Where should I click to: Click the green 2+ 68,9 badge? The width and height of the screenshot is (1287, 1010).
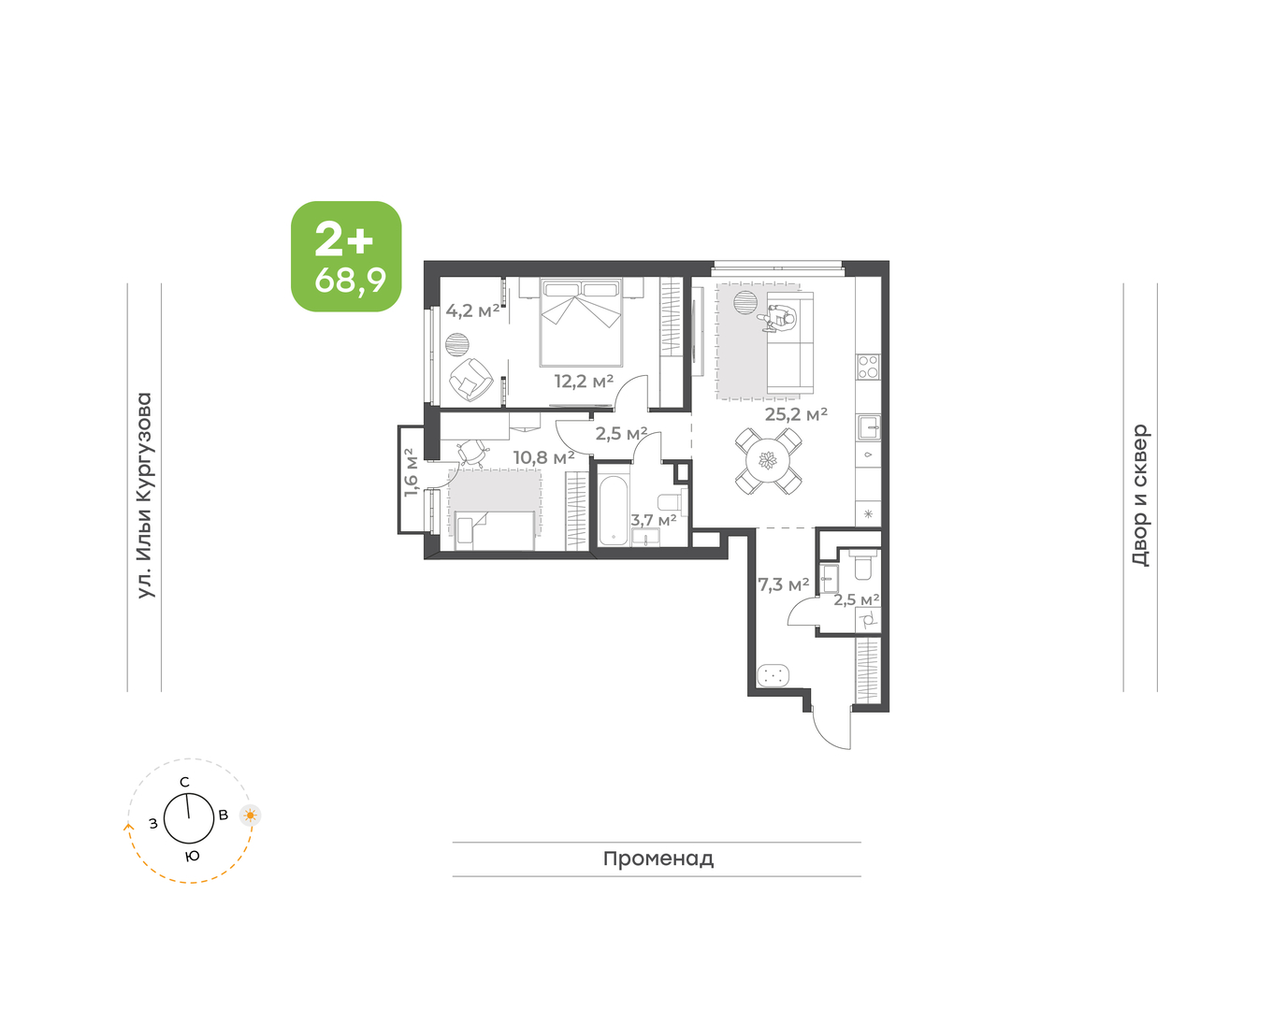pyautogui.click(x=346, y=256)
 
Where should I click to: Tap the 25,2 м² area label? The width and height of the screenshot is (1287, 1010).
pyautogui.click(x=795, y=414)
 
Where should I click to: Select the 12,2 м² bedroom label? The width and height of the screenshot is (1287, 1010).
pyautogui.click(x=584, y=382)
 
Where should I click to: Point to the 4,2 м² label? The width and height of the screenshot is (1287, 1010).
pyautogui.click(x=472, y=310)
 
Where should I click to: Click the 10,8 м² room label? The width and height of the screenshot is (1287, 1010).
pyautogui.click(x=543, y=457)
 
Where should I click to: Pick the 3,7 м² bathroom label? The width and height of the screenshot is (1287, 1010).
pyautogui.click(x=653, y=520)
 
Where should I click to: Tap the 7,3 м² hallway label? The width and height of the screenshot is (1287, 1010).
pyautogui.click(x=784, y=584)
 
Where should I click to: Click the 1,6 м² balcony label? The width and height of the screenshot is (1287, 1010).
pyautogui.click(x=411, y=472)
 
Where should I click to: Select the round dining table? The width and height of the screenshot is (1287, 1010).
pyautogui.click(x=768, y=460)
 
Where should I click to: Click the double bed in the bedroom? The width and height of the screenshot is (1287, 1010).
pyautogui.click(x=581, y=323)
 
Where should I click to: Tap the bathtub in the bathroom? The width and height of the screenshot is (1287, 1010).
pyautogui.click(x=613, y=511)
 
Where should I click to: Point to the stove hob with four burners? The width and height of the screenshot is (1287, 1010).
pyautogui.click(x=868, y=367)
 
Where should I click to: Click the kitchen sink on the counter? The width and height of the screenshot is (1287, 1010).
pyautogui.click(x=869, y=427)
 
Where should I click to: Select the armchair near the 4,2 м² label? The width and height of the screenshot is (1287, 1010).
pyautogui.click(x=470, y=380)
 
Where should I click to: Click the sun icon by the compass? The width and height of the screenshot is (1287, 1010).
pyautogui.click(x=251, y=815)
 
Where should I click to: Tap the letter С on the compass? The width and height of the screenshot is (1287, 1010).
pyautogui.click(x=185, y=782)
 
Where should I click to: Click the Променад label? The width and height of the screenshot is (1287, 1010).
pyautogui.click(x=658, y=858)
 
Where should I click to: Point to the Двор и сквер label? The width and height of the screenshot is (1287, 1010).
pyautogui.click(x=1140, y=496)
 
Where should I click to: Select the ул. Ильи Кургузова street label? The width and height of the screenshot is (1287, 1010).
pyautogui.click(x=145, y=496)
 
